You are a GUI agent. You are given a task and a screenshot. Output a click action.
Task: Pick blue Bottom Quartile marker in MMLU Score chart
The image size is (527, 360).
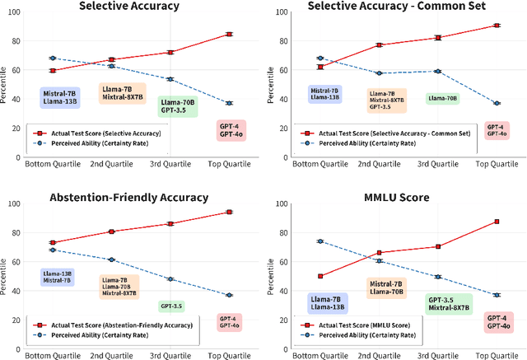click(319, 241)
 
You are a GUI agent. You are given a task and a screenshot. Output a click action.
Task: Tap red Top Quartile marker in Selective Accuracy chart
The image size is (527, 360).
click(228, 35)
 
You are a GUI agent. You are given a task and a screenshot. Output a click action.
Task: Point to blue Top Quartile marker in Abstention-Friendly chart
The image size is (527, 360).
click(228, 295)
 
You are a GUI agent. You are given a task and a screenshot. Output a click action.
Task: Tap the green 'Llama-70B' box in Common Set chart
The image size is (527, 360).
click(443, 98)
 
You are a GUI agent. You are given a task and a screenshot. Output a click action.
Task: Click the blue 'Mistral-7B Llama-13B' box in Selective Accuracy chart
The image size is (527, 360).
click(60, 99)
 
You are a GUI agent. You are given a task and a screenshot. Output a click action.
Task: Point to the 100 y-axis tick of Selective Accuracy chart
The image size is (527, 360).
click(17, 12)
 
